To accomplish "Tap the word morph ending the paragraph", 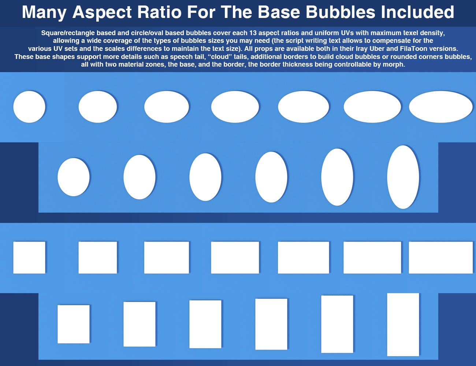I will pyautogui.click(x=394, y=64).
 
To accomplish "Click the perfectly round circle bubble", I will pyautogui.click(x=29, y=107).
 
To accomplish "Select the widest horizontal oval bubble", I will pyautogui.click(x=440, y=107).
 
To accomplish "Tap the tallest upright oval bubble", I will pyautogui.click(x=403, y=177).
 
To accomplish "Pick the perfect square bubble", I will pyautogui.click(x=29, y=257).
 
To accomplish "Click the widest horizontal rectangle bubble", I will pyautogui.click(x=440, y=257).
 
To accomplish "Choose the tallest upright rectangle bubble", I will pyautogui.click(x=403, y=324).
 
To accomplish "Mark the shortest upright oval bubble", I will pyautogui.click(x=74, y=177).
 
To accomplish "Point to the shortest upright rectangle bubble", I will pyautogui.click(x=74, y=324).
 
